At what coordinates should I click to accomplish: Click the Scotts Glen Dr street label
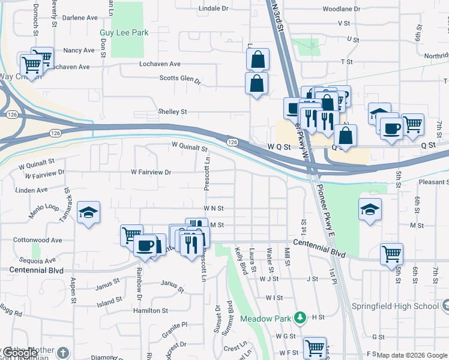point(179,79)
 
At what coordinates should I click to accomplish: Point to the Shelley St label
point(172,112)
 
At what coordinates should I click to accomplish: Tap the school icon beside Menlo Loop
point(88,212)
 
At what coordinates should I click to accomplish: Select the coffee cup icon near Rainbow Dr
point(145,245)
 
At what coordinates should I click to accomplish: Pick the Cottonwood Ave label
point(40,240)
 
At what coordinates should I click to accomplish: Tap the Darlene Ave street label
point(78,35)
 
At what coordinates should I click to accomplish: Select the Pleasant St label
point(433,182)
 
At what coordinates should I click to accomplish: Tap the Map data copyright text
point(411,355)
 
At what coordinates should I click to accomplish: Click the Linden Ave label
point(34,190)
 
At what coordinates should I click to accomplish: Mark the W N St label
point(213,208)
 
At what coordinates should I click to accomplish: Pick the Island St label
point(110,303)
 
